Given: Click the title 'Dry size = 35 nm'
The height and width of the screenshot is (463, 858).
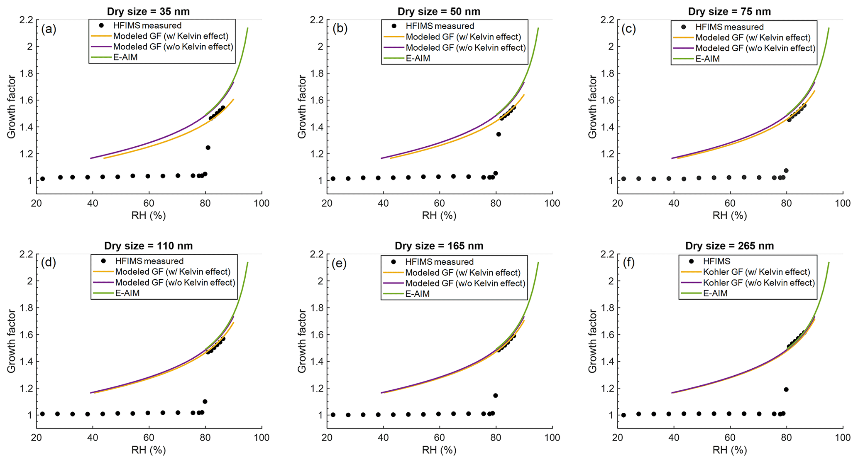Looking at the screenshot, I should [148, 11].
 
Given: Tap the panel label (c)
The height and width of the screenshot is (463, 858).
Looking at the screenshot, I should [629, 29].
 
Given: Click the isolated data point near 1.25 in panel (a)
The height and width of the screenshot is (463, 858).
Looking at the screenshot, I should [208, 148].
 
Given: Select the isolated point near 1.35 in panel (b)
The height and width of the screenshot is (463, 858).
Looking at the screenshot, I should [499, 134].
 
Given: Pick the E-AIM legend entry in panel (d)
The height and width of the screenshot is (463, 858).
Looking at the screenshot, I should [127, 293].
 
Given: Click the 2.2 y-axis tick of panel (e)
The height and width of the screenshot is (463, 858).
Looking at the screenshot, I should [316, 254].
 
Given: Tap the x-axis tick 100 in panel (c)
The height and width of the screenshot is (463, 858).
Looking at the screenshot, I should [843, 203].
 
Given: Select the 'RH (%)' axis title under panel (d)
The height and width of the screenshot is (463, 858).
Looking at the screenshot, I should [148, 450].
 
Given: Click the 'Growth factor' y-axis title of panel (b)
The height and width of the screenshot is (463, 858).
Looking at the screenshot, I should [302, 107].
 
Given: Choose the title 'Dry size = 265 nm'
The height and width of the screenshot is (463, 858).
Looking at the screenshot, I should [729, 246].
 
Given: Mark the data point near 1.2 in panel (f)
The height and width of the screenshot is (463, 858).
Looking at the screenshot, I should [786, 389].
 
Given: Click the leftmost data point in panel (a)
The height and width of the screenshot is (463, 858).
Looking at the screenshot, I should [42, 179].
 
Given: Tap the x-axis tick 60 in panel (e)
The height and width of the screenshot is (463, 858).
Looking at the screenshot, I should [440, 438].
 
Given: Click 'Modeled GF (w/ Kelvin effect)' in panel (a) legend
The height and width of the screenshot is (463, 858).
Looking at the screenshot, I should [171, 36].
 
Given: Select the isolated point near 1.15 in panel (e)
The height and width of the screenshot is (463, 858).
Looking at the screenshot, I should [495, 395].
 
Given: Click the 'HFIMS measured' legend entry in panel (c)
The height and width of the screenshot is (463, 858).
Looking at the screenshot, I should [729, 27].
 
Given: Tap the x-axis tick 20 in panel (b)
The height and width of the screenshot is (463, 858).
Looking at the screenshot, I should [327, 203].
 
